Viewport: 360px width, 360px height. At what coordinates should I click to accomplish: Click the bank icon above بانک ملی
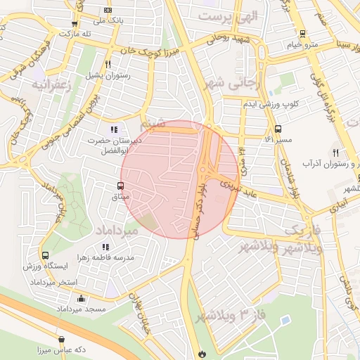tap(107, 10)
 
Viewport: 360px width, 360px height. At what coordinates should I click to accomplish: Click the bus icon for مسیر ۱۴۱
tap(278, 129)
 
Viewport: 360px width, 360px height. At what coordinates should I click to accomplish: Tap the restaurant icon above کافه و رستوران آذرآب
tap(336, 153)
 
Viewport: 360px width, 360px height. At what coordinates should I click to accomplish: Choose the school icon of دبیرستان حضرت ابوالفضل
tap(114, 129)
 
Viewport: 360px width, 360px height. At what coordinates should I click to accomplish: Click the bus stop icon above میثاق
tap(121, 186)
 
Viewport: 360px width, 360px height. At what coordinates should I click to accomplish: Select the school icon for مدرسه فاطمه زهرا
tap(105, 247)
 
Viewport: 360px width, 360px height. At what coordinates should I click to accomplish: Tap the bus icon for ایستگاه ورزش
tap(46, 255)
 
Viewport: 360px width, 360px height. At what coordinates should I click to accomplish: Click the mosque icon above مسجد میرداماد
tap(82, 297)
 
